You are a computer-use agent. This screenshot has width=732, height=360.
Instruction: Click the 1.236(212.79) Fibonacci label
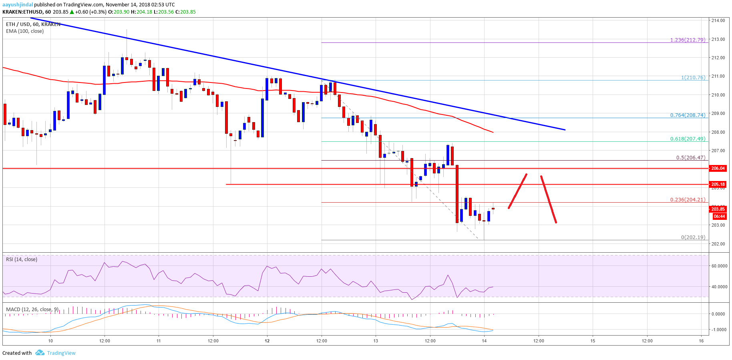click(x=688, y=40)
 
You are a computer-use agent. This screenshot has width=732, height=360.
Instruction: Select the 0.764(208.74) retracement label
click(x=688, y=115)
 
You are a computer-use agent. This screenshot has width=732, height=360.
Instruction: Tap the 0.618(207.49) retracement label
click(x=688, y=139)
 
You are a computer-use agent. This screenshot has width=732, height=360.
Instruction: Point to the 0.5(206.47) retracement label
click(x=690, y=157)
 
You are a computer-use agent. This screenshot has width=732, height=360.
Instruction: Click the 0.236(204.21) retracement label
click(x=688, y=199)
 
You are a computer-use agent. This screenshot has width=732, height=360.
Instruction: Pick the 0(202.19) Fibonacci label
click(x=693, y=237)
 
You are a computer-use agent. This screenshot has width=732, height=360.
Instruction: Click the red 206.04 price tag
click(x=718, y=168)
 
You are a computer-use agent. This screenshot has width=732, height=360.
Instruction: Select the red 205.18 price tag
click(x=718, y=184)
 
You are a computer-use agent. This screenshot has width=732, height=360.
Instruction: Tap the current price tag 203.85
click(x=718, y=209)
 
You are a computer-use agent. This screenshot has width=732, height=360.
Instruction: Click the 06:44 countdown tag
click(x=719, y=216)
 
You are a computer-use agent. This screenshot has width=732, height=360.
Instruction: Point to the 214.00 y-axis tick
click(x=718, y=20)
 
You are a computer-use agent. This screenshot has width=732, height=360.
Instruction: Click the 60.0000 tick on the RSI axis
click(x=719, y=266)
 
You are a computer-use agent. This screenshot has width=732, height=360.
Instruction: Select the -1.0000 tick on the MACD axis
click(x=718, y=330)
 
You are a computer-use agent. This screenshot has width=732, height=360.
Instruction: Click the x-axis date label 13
click(x=376, y=341)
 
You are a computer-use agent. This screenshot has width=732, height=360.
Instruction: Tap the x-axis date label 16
click(x=701, y=341)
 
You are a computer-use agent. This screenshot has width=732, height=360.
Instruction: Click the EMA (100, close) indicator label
click(x=25, y=31)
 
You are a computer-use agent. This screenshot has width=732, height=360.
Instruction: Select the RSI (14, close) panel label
click(x=22, y=259)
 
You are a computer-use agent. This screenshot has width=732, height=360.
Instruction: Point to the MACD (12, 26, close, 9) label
click(x=32, y=310)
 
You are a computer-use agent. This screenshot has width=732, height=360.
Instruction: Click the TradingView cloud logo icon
click(x=40, y=353)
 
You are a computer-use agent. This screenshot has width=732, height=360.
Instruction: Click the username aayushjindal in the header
click(x=18, y=4)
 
